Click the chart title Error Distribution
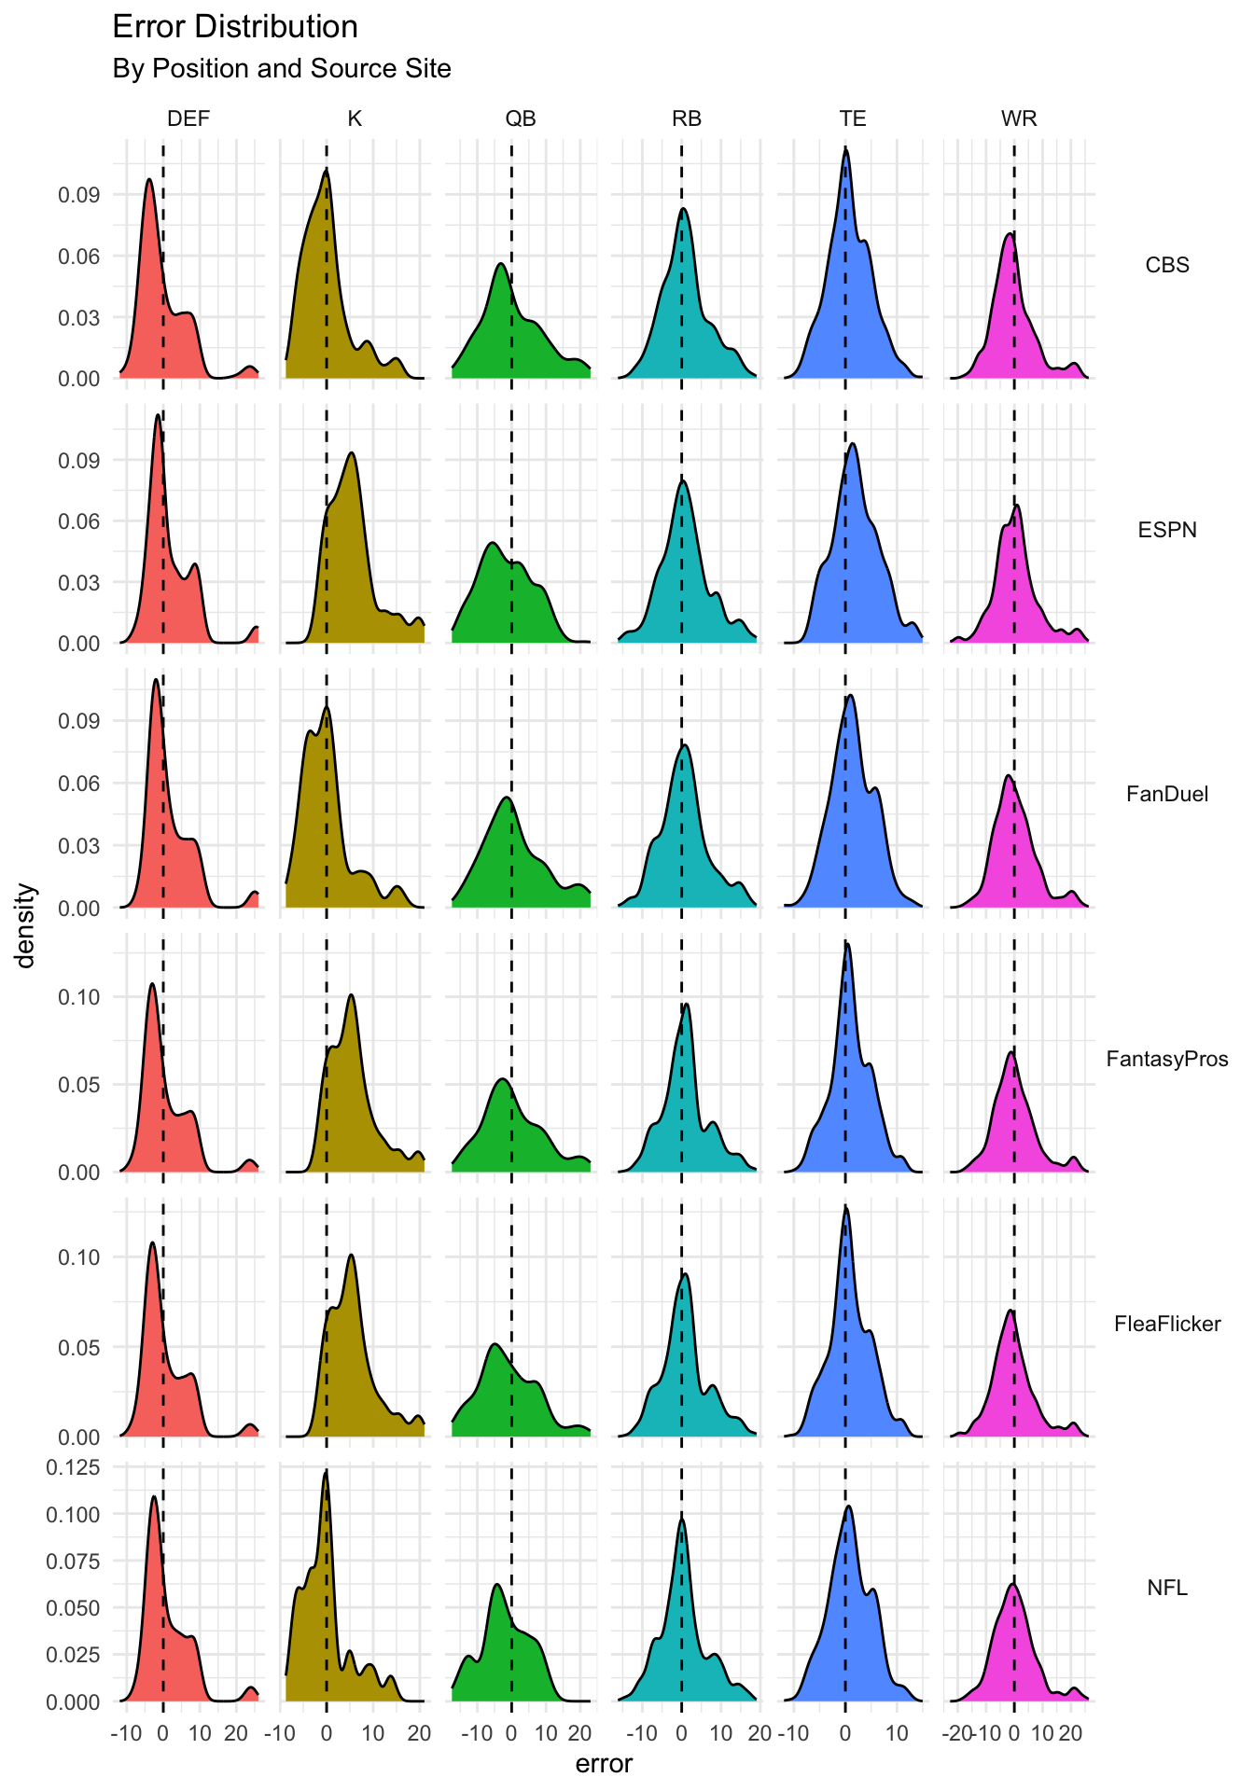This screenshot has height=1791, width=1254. (235, 27)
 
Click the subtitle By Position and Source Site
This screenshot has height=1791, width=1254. (281, 69)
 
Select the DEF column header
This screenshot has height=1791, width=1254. (188, 118)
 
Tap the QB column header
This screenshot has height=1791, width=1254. (521, 118)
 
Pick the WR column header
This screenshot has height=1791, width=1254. (1019, 118)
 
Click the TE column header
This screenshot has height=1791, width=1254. (853, 118)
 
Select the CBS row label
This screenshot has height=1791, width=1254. (1167, 265)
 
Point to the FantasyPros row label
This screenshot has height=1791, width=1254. (1167, 1059)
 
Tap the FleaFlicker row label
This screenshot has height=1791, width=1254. (1167, 1324)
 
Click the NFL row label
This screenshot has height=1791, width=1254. (1167, 1588)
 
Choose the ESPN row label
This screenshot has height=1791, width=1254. (1167, 530)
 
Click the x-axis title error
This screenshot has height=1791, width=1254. (604, 1764)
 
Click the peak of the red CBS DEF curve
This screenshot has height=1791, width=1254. (148, 180)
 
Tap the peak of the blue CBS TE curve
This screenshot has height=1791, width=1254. (845, 149)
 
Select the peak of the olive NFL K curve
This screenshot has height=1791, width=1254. (326, 1471)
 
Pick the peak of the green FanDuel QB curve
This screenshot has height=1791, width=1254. (507, 798)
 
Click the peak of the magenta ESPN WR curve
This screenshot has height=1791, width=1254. (1016, 506)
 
